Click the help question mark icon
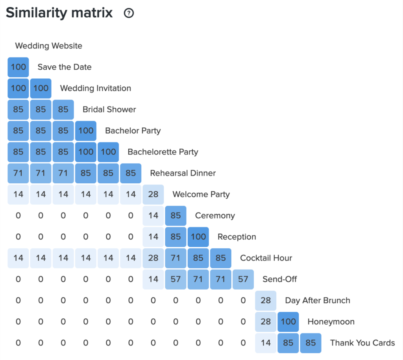point(129,13)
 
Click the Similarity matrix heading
point(59,13)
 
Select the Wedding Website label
point(48,46)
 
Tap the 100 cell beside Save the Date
point(18,67)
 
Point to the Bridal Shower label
point(109,109)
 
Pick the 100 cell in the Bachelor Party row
point(86,131)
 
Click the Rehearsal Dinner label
point(183,173)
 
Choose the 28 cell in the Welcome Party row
point(153,194)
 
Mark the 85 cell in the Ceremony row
point(176,216)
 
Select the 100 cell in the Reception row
point(198,237)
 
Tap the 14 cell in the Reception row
point(153,237)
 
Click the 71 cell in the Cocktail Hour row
point(176,258)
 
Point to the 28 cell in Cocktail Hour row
point(153,258)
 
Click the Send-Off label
point(279,279)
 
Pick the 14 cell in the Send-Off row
point(153,279)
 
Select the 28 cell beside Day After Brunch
point(266,301)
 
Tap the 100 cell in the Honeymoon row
point(288,322)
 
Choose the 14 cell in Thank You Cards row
point(266,343)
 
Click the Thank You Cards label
point(362,343)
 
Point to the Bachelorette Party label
point(163,152)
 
